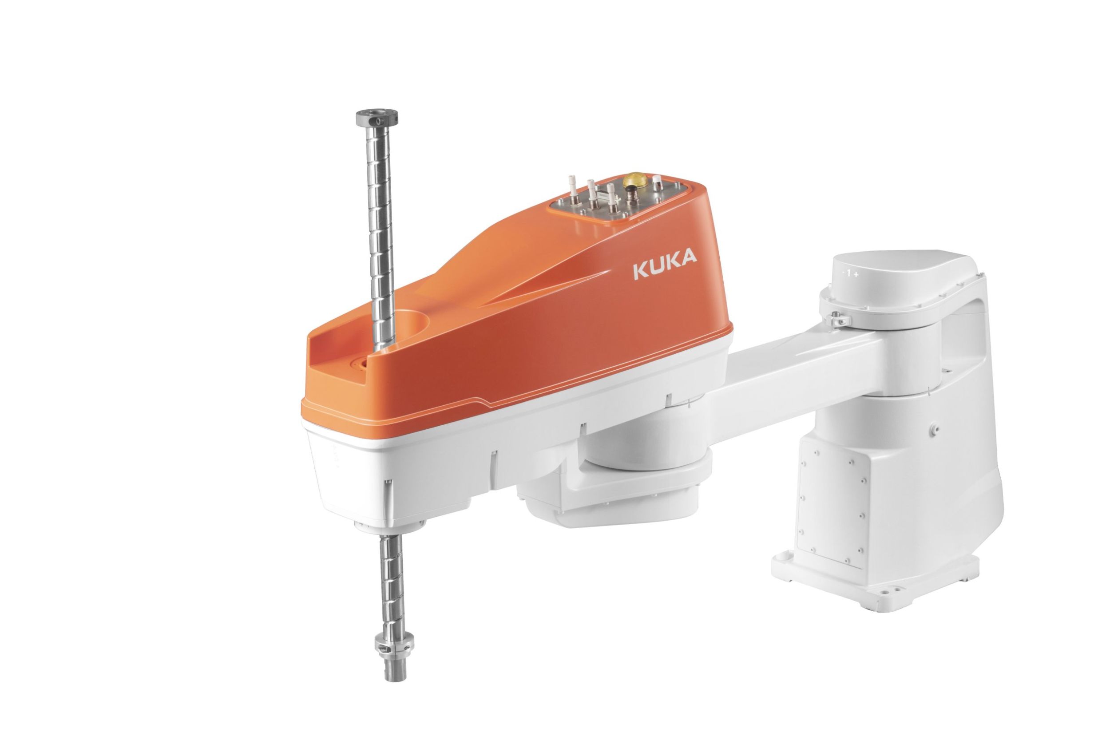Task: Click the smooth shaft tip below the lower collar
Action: click(396, 668)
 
